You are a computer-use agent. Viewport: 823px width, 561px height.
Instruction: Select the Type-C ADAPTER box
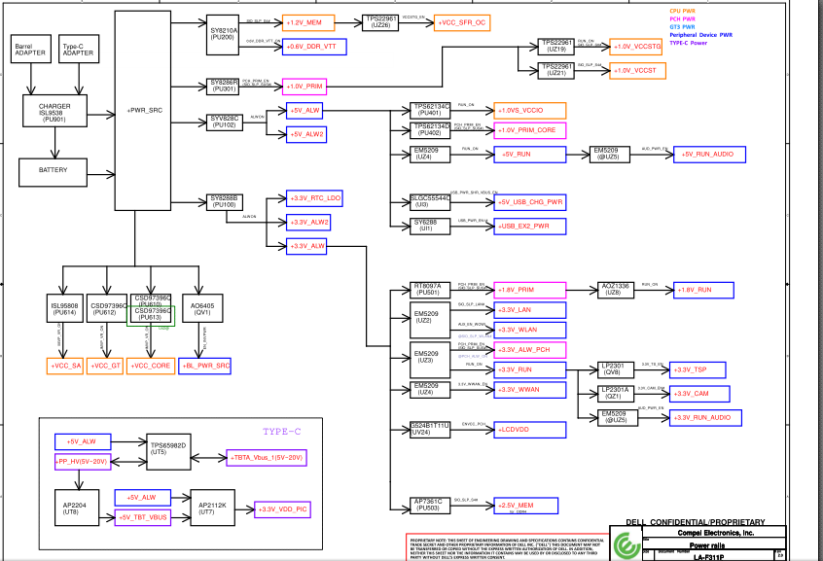tap(78, 50)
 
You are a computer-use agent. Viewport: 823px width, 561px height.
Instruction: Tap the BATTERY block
tap(54, 170)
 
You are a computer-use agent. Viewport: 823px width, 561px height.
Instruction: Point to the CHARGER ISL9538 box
tap(54, 112)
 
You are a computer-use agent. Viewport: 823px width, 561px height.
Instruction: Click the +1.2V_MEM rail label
tap(307, 20)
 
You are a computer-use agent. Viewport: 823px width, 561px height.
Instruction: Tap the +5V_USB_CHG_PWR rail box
tap(531, 202)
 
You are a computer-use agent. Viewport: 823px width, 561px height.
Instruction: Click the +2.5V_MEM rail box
tap(527, 506)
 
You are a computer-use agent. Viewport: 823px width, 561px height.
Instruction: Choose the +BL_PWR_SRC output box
tap(205, 366)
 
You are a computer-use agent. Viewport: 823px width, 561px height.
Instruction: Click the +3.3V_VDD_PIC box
tap(280, 508)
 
